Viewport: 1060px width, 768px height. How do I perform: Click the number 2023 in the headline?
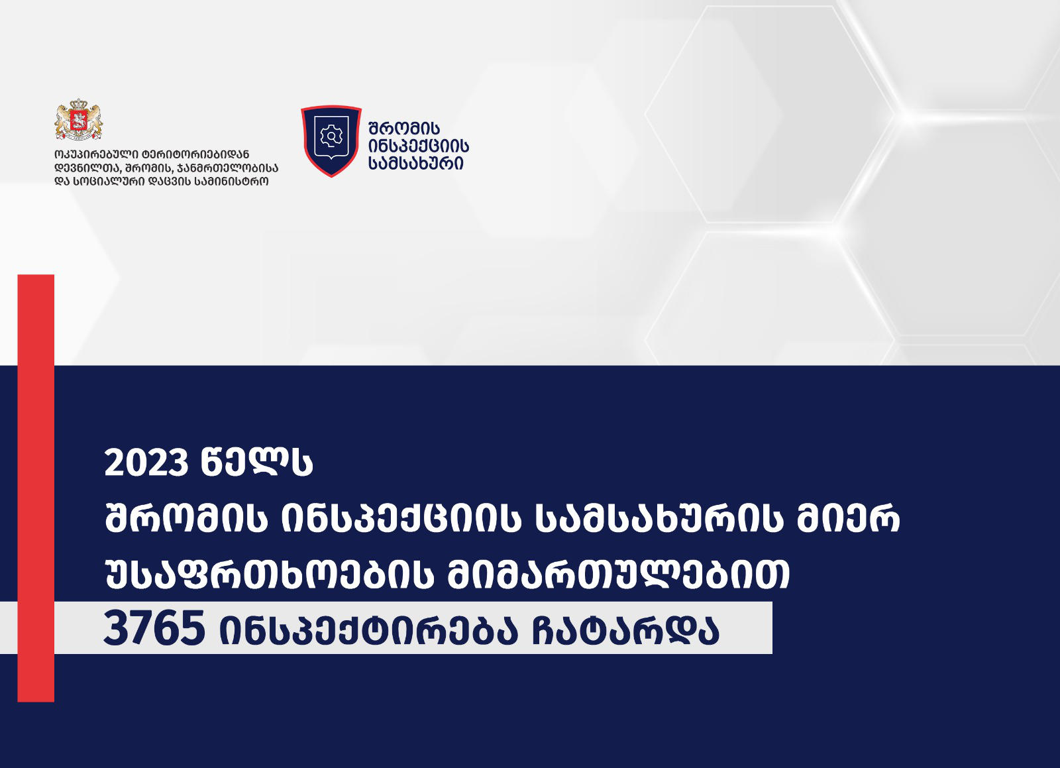pyautogui.click(x=146, y=463)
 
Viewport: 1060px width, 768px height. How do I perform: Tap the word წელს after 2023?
pyautogui.click(x=256, y=463)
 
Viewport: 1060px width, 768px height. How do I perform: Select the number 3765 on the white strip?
pyautogui.click(x=154, y=628)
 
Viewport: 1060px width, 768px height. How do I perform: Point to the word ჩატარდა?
pyautogui.click(x=625, y=630)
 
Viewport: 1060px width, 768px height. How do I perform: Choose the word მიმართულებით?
pyautogui.click(x=619, y=574)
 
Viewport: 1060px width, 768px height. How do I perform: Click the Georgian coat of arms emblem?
pyautogui.click(x=79, y=120)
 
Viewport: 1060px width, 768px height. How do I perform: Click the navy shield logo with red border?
pyautogui.click(x=331, y=140)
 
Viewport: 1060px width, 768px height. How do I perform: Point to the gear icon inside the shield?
pyautogui.click(x=331, y=137)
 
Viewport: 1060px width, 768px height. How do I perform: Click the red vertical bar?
pyautogui.click(x=36, y=488)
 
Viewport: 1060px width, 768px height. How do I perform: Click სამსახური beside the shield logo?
pyautogui.click(x=416, y=163)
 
